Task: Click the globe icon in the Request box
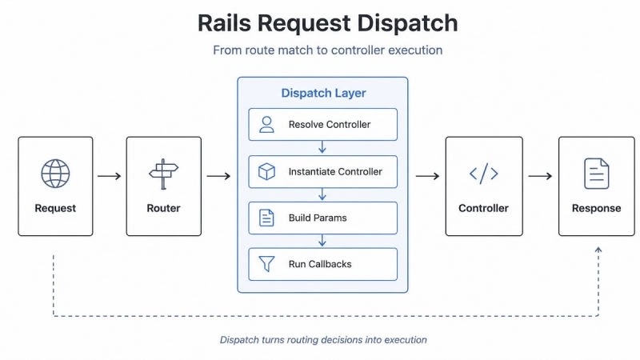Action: pyautogui.click(x=55, y=174)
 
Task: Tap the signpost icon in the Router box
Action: pyautogui.click(x=164, y=174)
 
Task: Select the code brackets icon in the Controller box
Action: pyautogui.click(x=484, y=174)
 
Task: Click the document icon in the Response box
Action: pyautogui.click(x=596, y=174)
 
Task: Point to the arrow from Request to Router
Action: pyautogui.click(x=110, y=176)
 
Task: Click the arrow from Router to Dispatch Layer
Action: pyautogui.click(x=218, y=176)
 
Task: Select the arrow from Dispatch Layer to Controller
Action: pyautogui.click(x=427, y=176)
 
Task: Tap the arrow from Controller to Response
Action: pyautogui.click(x=540, y=176)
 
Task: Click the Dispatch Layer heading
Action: pyautogui.click(x=323, y=93)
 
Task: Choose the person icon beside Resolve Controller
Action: pyautogui.click(x=266, y=125)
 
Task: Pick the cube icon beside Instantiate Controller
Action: pyautogui.click(x=266, y=171)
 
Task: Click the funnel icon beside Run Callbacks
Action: pyautogui.click(x=266, y=264)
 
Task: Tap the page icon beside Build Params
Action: pyautogui.click(x=266, y=218)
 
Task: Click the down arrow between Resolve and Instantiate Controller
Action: pyautogui.click(x=322, y=147)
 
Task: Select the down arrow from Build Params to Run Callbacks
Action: pyautogui.click(x=322, y=241)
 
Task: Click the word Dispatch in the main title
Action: pyautogui.click(x=407, y=23)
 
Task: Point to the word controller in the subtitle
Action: pyautogui.click(x=358, y=50)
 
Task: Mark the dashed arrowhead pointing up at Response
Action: pyautogui.click(x=598, y=250)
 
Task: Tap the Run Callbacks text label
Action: pyautogui.click(x=320, y=264)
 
